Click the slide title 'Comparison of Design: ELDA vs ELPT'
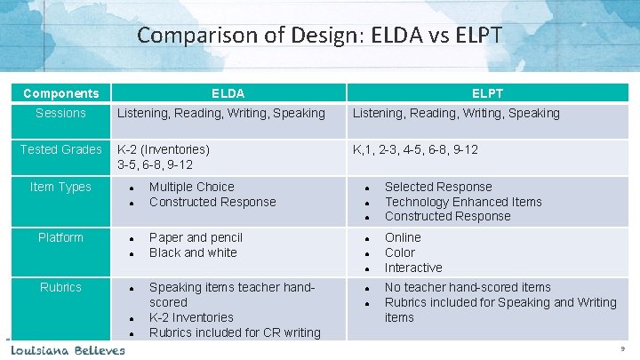320,36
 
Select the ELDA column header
228,93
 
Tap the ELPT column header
488,93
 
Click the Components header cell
60,93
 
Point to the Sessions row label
60,113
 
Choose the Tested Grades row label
60,149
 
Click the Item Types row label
60,187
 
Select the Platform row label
60,237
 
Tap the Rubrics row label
60,287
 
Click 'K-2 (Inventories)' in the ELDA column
164,149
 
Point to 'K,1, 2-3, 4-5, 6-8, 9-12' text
415,149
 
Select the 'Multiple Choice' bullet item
191,187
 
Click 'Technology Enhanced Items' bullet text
462,202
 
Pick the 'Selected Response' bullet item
437,187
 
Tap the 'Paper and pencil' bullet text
196,237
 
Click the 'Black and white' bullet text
193,252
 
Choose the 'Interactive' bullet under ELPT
412,268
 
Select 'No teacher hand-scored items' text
468,287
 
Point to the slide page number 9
623,349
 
